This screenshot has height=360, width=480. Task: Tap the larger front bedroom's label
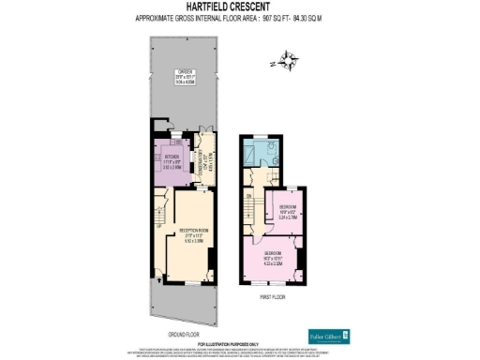coord(274,256)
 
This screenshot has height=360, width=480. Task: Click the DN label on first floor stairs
coord(248,195)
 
